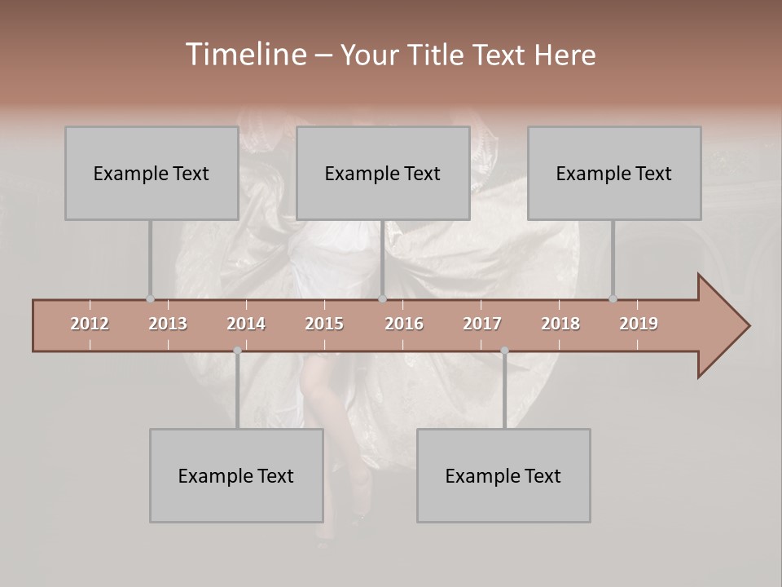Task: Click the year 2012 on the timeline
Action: (x=90, y=324)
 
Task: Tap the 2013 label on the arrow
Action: (x=168, y=324)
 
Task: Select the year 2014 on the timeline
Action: (x=246, y=324)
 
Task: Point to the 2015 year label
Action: (x=324, y=324)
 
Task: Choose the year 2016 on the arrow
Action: (x=404, y=324)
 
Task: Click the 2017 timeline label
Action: (x=482, y=324)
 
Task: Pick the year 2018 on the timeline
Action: (x=560, y=324)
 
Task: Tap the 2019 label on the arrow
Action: (x=639, y=324)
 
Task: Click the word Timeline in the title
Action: (x=245, y=55)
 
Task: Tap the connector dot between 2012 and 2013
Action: (x=150, y=299)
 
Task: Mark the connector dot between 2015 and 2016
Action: (x=382, y=299)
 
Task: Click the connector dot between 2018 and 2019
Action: (x=613, y=299)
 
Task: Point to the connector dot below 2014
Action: (x=237, y=351)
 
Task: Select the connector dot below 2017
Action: (x=504, y=351)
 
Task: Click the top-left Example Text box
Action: (x=151, y=173)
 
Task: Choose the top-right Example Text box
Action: (x=613, y=173)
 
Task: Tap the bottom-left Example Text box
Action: (x=236, y=475)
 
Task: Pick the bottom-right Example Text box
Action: (x=503, y=475)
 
